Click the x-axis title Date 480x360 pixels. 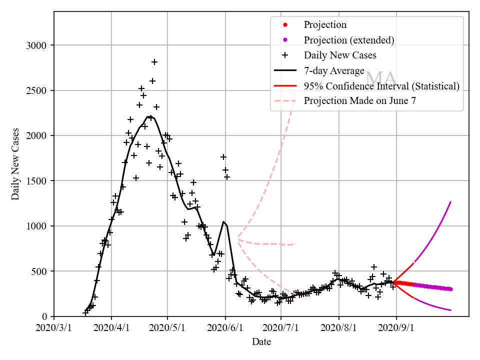pyautogui.click(x=261, y=342)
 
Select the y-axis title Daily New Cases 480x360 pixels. pyautogui.click(x=15, y=164)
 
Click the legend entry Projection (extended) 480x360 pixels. pyautogui.click(x=349, y=40)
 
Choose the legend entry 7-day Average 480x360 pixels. pyautogui.click(x=334, y=70)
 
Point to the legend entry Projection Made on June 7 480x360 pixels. pyautogui.click(x=360, y=100)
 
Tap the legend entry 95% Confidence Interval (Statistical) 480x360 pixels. pyautogui.click(x=381, y=86)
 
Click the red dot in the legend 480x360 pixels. pyautogui.click(x=285, y=24)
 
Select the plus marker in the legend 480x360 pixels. pyautogui.click(x=285, y=55)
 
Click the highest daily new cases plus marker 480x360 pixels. pyautogui.click(x=154, y=62)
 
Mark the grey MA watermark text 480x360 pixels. pyautogui.click(x=381, y=78)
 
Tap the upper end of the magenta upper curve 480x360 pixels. pyautogui.click(x=450, y=202)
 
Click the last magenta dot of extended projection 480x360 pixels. pyautogui.click(x=450, y=289)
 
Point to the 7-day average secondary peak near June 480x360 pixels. pyautogui.click(x=223, y=221)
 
